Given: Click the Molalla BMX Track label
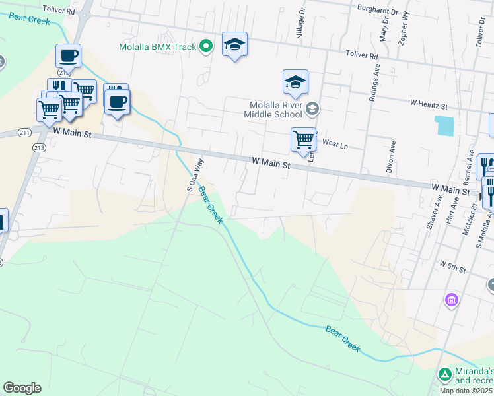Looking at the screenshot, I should coord(158,47).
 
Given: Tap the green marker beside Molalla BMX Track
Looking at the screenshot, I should coord(206,46).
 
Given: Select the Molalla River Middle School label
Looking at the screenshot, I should coord(275,110).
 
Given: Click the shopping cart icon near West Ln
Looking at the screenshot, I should coord(303,139).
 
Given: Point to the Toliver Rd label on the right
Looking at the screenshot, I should coord(361,57).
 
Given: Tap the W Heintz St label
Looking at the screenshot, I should coord(429,104).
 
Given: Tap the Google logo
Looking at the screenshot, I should coord(22,388).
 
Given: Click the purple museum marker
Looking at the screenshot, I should coord(452,300).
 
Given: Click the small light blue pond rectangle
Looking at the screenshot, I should coord(444,125).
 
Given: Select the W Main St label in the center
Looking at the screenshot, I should coord(271,162).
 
